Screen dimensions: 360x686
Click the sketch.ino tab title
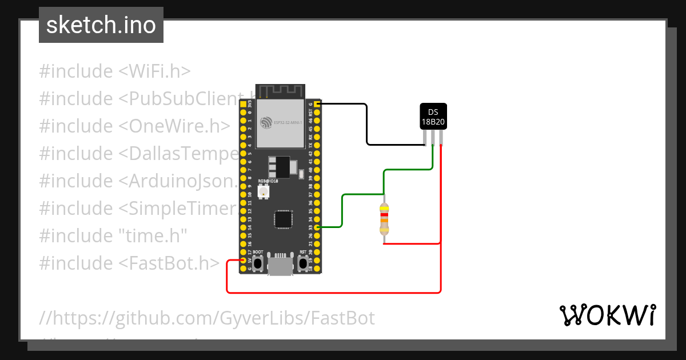click(x=101, y=25)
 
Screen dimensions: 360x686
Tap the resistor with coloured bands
click(x=384, y=220)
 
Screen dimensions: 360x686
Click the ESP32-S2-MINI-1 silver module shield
click(x=280, y=122)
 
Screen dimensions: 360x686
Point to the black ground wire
click(x=366, y=126)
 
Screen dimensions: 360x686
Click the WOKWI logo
click(x=607, y=315)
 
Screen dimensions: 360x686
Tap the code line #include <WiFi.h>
click(x=114, y=71)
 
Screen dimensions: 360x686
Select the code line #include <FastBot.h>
click(x=129, y=263)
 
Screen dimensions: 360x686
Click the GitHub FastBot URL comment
click(x=207, y=318)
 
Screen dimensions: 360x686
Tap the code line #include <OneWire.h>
click(x=134, y=126)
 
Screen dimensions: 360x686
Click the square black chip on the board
click(x=283, y=219)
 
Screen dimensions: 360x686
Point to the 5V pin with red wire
click(x=243, y=260)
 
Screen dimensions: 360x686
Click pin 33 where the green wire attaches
click(x=317, y=227)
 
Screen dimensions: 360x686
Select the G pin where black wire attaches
click(x=317, y=104)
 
